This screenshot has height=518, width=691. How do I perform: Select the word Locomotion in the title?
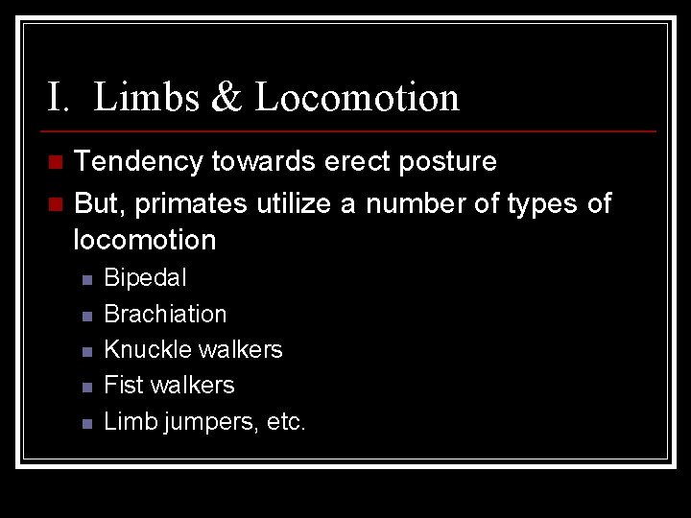(357, 98)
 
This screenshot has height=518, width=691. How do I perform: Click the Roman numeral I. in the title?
(60, 98)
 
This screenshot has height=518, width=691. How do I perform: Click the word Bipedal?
(145, 278)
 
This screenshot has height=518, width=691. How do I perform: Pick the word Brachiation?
(165, 314)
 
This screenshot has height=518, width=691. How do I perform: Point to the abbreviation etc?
(286, 420)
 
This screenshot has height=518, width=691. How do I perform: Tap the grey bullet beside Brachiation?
(86, 316)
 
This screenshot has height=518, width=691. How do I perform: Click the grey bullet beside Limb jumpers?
(86, 422)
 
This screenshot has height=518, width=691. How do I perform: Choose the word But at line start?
(95, 203)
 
